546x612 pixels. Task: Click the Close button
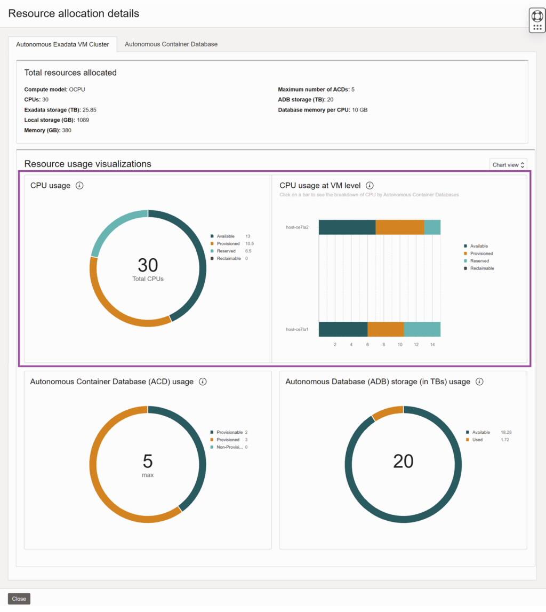pyautogui.click(x=19, y=599)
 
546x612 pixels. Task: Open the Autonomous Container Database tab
pyautogui.click(x=171, y=44)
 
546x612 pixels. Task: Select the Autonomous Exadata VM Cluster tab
pyautogui.click(x=62, y=44)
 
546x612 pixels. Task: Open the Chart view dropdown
pyautogui.click(x=508, y=165)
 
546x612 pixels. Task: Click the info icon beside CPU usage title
pyautogui.click(x=79, y=186)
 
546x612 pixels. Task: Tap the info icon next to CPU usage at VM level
pyautogui.click(x=370, y=186)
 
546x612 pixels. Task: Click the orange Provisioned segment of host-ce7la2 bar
pyautogui.click(x=400, y=227)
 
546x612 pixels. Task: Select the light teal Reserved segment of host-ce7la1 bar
pyautogui.click(x=422, y=329)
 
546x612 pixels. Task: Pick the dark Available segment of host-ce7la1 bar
pyautogui.click(x=343, y=329)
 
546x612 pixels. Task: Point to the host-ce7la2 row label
pyautogui.click(x=297, y=227)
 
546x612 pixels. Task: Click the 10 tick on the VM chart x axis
pyautogui.click(x=400, y=345)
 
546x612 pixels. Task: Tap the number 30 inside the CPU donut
pyautogui.click(x=148, y=265)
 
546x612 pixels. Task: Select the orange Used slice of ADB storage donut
pyautogui.click(x=388, y=412)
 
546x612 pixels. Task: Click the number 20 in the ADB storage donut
pyautogui.click(x=403, y=461)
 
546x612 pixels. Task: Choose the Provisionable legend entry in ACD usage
pyautogui.click(x=229, y=432)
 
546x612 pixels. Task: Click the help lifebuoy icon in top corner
pyautogui.click(x=537, y=15)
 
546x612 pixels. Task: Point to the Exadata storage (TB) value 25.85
pyautogui.click(x=90, y=110)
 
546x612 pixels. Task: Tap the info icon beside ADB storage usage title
pyautogui.click(x=479, y=381)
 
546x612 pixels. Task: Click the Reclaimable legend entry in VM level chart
pyautogui.click(x=481, y=268)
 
